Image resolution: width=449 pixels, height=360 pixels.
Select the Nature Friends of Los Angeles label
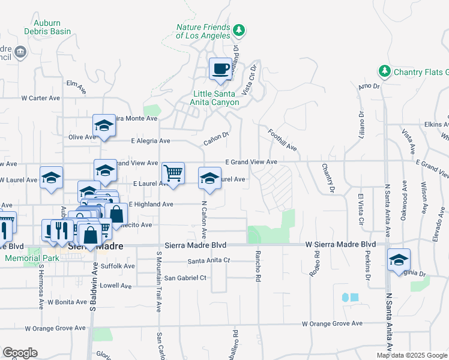click(x=203, y=31)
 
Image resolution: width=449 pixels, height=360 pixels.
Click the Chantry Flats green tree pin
click(x=384, y=72)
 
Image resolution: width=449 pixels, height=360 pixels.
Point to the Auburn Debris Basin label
click(x=48, y=27)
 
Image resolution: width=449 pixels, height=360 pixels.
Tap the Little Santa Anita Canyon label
click(x=216, y=98)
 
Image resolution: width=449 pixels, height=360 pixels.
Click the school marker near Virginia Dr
click(x=398, y=260)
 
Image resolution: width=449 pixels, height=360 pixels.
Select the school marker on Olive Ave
click(x=104, y=126)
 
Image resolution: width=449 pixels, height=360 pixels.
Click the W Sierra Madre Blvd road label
click(x=340, y=245)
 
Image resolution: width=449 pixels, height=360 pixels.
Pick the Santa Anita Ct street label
click(x=208, y=261)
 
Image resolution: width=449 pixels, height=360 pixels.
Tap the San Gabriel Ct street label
click(x=185, y=278)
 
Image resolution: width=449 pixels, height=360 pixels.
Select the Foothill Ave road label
click(x=283, y=140)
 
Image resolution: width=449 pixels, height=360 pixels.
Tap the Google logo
click(x=20, y=353)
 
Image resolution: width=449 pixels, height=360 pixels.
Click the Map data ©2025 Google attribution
click(x=412, y=355)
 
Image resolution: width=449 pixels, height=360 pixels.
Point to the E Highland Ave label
click(x=151, y=205)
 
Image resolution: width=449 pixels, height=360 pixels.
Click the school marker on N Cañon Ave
click(x=209, y=178)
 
